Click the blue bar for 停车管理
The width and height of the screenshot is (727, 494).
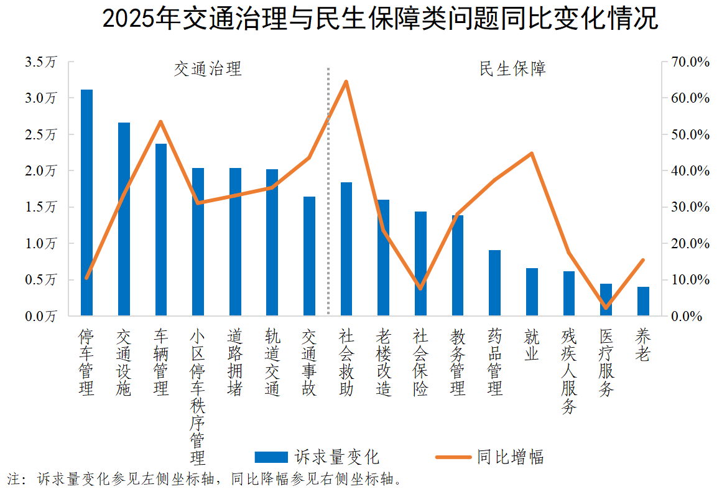pos(86,202)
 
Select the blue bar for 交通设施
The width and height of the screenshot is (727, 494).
pos(124,219)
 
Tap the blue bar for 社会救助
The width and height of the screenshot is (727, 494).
pos(346,249)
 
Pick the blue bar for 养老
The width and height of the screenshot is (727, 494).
pos(643,301)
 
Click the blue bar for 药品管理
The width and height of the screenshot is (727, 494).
pos(494,282)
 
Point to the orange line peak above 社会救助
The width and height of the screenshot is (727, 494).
pos(346,82)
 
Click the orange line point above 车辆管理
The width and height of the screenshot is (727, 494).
pos(160,122)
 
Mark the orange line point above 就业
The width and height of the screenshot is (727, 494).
pos(532,153)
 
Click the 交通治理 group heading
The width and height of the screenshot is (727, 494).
pos(207,68)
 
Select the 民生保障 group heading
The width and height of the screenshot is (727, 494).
pos(512,68)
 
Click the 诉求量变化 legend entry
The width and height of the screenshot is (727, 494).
pos(317,457)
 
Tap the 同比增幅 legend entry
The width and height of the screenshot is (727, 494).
pos(489,457)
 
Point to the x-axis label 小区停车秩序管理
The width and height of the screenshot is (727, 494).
pos(198,397)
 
